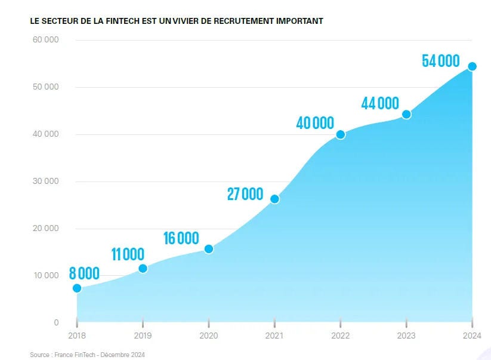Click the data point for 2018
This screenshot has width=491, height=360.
pyautogui.click(x=77, y=288)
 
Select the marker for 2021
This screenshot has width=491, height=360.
pyautogui.click(x=274, y=199)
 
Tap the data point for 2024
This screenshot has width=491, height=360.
pyautogui.click(x=472, y=66)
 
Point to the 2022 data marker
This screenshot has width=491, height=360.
pyautogui.click(x=341, y=134)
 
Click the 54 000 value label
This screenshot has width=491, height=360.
pyautogui.click(x=441, y=61)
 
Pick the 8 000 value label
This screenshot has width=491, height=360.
pyautogui.click(x=84, y=274)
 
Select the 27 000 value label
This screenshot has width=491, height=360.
pyautogui.click(x=245, y=194)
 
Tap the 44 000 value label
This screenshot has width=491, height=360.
pyautogui.click(x=380, y=103)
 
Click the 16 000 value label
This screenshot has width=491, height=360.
pyautogui.click(x=181, y=238)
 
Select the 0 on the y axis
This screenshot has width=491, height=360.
pyautogui.click(x=56, y=322)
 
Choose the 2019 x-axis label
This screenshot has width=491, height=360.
pyautogui.click(x=143, y=336)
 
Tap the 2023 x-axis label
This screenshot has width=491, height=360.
pyautogui.click(x=406, y=336)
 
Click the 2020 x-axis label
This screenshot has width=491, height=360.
pyautogui.click(x=209, y=336)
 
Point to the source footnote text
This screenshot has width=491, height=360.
pyautogui.click(x=87, y=355)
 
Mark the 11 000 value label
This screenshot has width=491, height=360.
pyautogui.click(x=128, y=254)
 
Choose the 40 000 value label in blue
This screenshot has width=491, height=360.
pyautogui.click(x=315, y=124)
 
